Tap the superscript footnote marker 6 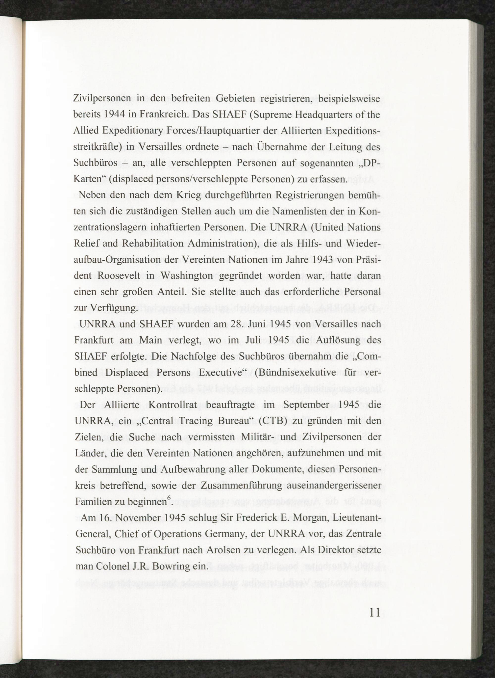click(x=169, y=497)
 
